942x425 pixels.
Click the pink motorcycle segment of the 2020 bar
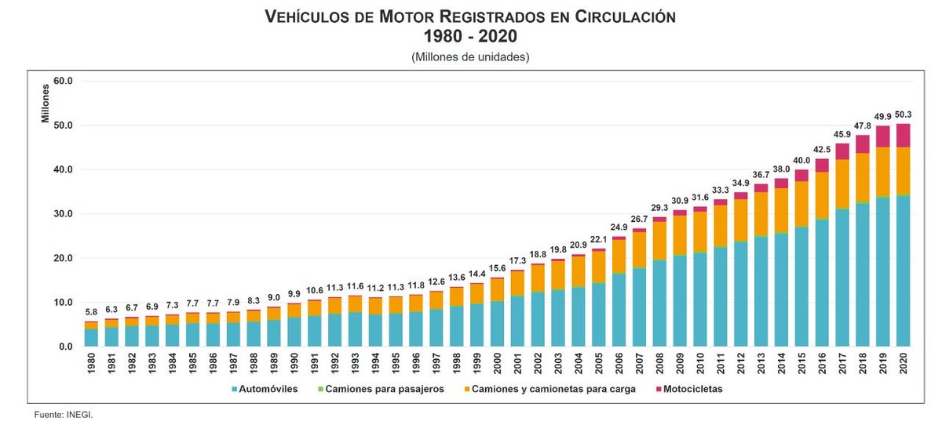click(903, 136)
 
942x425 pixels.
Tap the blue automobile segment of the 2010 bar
click(699, 299)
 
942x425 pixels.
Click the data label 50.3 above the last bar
click(903, 115)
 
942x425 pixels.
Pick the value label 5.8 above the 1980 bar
click(91, 313)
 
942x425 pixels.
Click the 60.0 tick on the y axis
click(62, 81)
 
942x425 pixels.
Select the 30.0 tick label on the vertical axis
click(62, 214)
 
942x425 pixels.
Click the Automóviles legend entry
click(265, 389)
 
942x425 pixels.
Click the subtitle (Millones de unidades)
click(470, 57)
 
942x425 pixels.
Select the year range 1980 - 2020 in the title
click(470, 36)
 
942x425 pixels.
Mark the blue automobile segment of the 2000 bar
click(498, 323)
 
